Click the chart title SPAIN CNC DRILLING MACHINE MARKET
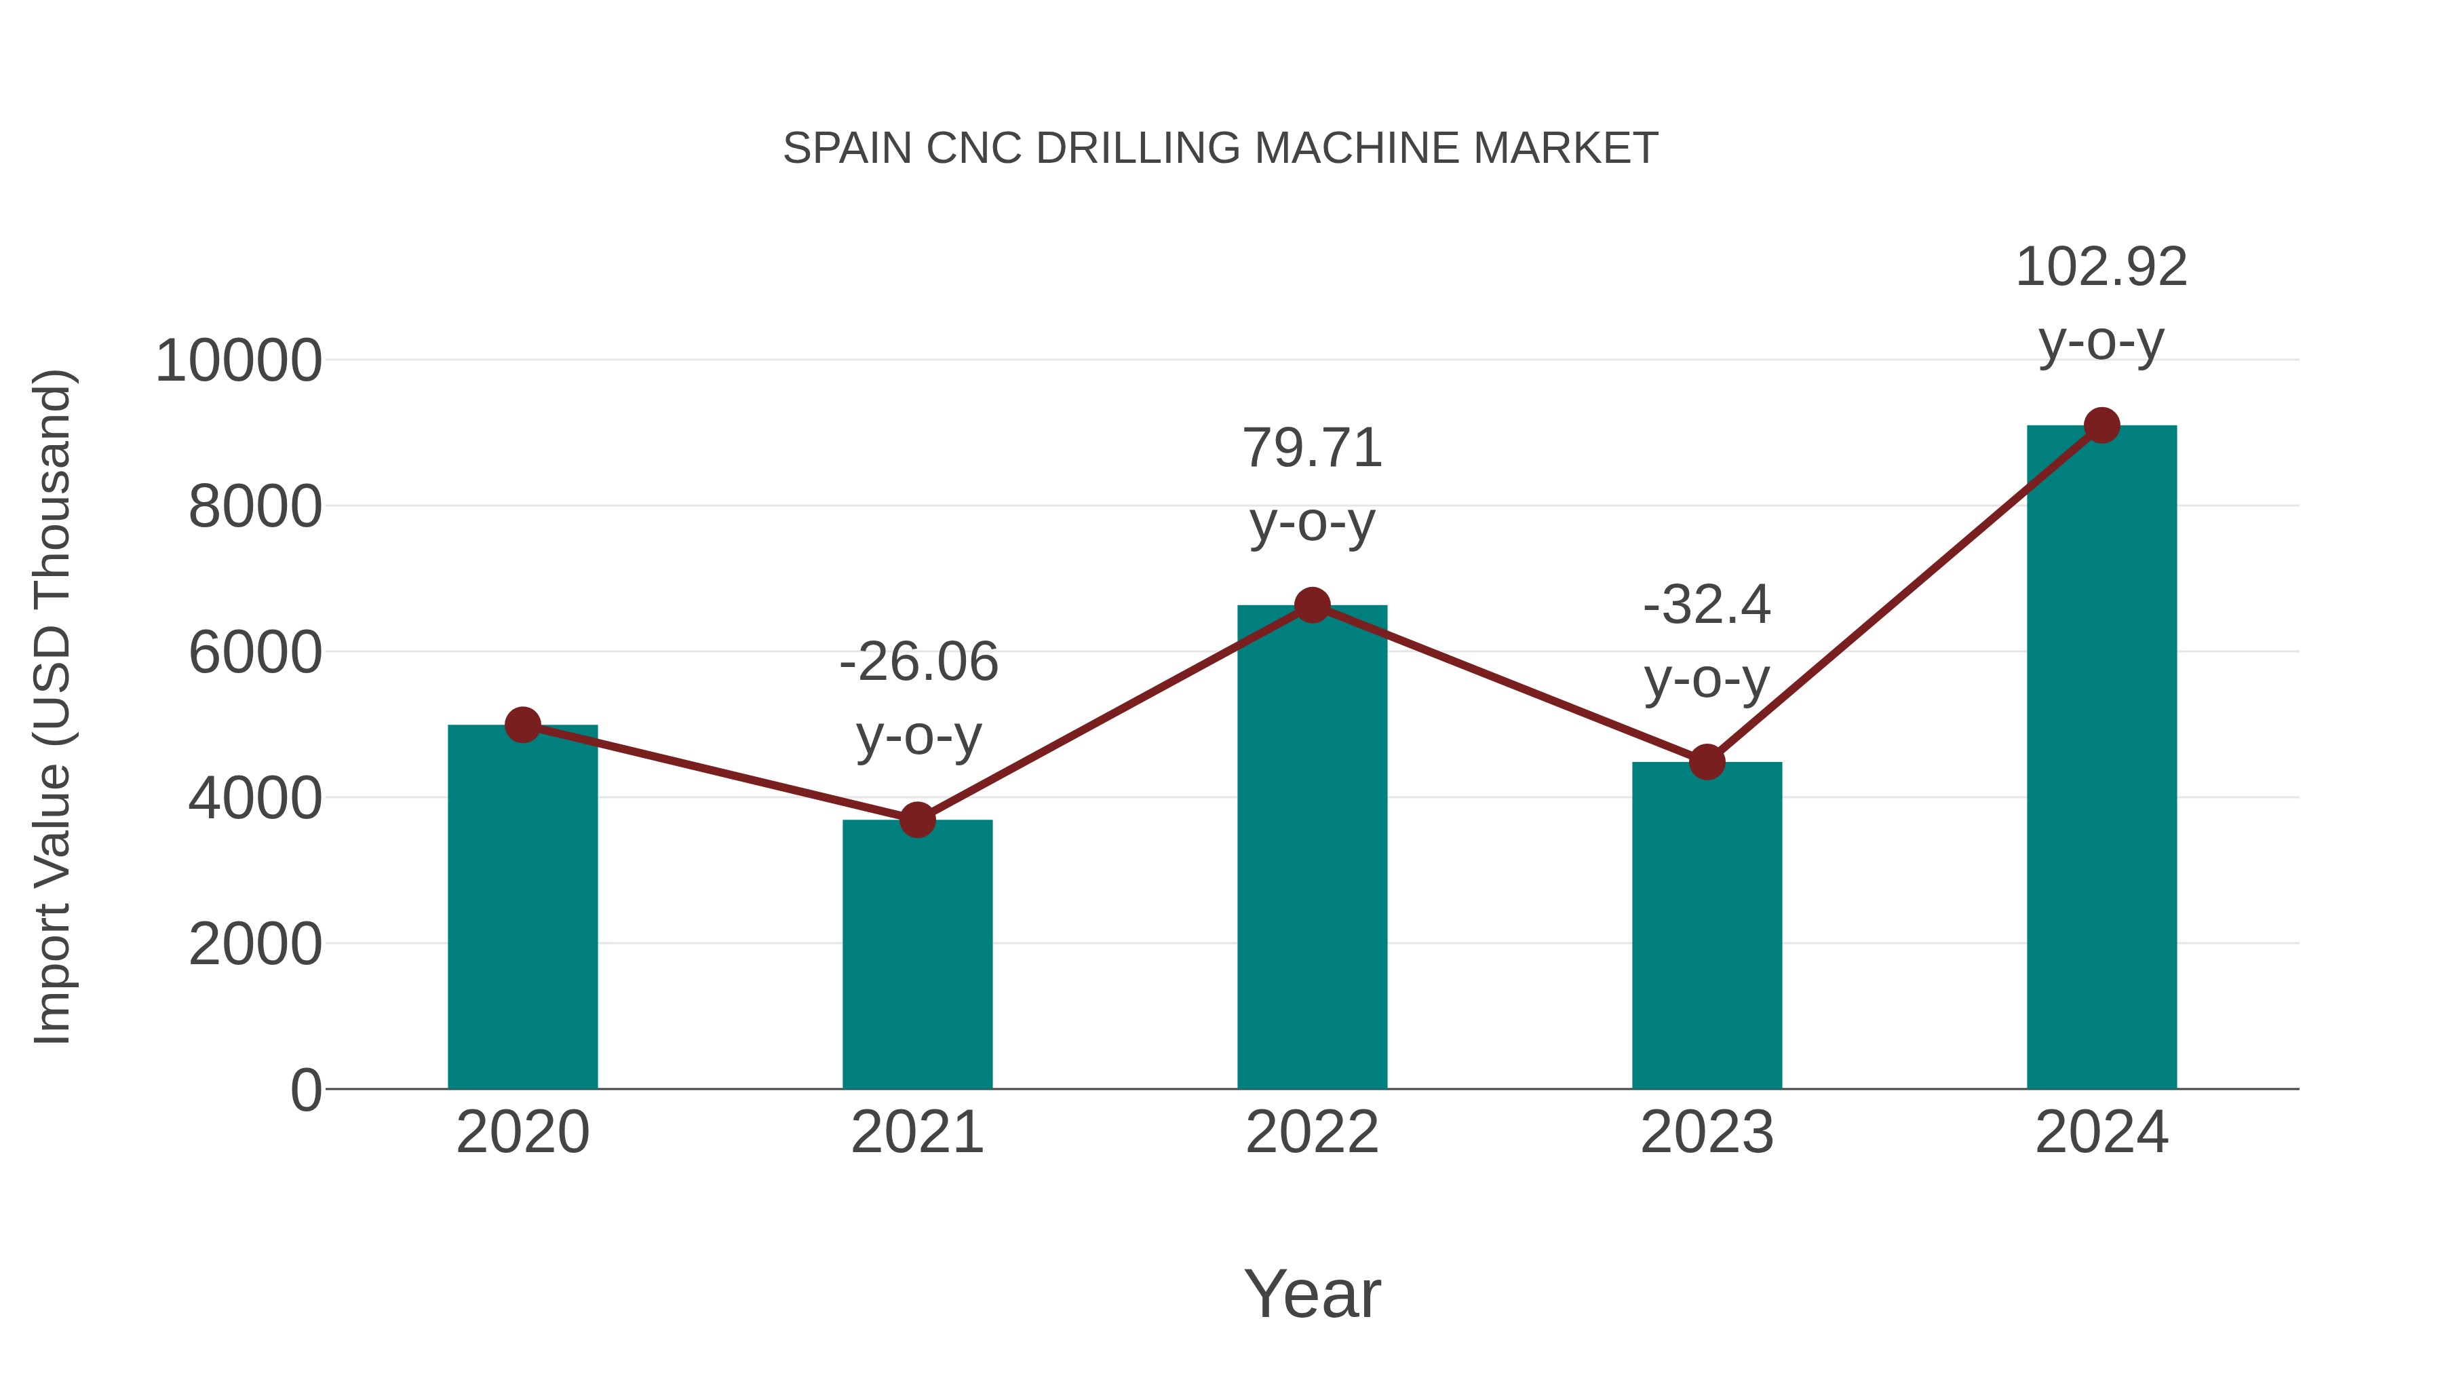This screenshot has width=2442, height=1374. pos(1220,149)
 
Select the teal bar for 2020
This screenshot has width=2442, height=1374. pos(522,911)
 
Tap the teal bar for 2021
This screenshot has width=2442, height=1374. pos(916,957)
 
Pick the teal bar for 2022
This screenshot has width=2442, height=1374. pos(1312,854)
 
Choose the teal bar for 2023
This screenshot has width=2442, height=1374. pos(1707,930)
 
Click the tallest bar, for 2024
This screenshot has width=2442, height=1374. pos(2101,759)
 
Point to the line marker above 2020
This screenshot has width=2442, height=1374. pos(522,725)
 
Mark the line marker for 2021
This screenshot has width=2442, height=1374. pos(916,820)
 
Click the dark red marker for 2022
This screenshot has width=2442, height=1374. pos(1312,605)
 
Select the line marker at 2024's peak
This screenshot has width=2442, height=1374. pos(2101,425)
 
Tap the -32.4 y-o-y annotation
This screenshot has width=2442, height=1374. pos(1707,641)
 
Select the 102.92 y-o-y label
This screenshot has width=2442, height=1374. pos(2101,303)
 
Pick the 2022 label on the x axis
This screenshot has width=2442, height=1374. pos(1312,1132)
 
